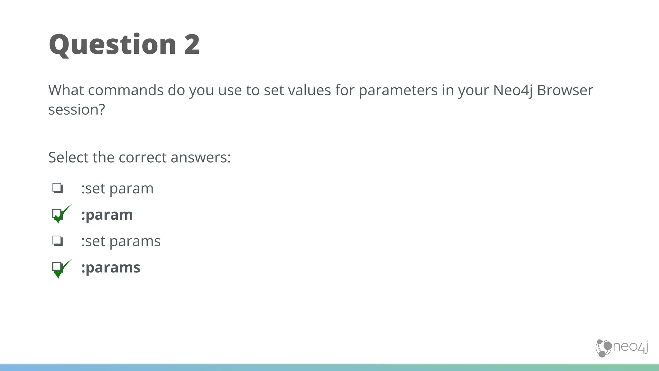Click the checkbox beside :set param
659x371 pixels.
(x=58, y=188)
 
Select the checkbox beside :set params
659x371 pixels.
(x=58, y=241)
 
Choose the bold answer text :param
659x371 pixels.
(x=107, y=215)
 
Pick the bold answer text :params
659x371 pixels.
(x=111, y=268)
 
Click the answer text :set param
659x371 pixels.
(x=117, y=188)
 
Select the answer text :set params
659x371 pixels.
(x=121, y=241)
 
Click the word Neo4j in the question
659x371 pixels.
(x=513, y=90)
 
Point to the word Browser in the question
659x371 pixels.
(x=565, y=90)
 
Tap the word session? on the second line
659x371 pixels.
(x=77, y=110)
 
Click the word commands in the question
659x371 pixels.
(x=125, y=90)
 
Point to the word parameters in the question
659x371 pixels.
(x=398, y=90)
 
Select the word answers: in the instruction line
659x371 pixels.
(x=200, y=157)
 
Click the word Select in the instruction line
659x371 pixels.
(x=68, y=157)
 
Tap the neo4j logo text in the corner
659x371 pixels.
(x=630, y=347)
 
